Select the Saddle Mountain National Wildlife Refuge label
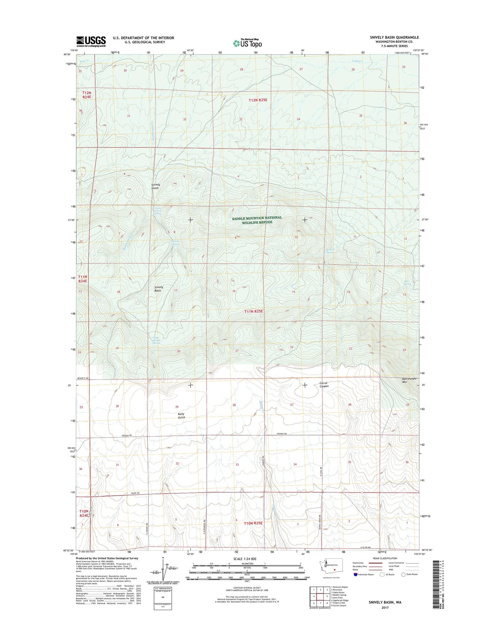[x=257, y=220]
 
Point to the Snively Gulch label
[x=156, y=186]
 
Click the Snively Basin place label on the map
[x=158, y=289]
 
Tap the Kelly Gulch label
[x=181, y=416]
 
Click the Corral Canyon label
[x=324, y=384]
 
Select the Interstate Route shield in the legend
[x=355, y=574]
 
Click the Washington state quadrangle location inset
[x=331, y=569]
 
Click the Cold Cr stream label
[x=357, y=61]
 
